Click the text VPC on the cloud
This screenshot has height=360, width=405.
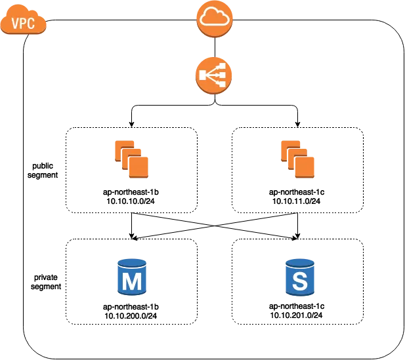click(x=23, y=24)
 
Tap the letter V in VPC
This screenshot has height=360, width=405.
click(x=15, y=24)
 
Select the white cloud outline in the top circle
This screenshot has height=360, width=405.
click(x=214, y=18)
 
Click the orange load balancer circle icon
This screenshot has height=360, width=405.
click(x=213, y=75)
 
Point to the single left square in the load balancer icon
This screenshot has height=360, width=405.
click(x=203, y=75)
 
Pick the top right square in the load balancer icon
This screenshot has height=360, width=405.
click(x=222, y=67)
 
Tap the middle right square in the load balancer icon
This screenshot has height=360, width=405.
click(x=222, y=75)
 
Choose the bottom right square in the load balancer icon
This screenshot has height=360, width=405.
click(x=222, y=84)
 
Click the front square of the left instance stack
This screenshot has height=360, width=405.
click(x=139, y=167)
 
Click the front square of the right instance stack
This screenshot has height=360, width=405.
click(x=305, y=167)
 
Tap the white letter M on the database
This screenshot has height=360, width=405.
click(x=132, y=282)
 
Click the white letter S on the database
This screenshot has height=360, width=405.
click(x=299, y=282)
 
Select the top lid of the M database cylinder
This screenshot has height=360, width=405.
click(x=131, y=262)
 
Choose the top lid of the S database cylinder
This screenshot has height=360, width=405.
click(x=299, y=262)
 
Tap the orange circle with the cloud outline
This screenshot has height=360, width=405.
click(x=214, y=18)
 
